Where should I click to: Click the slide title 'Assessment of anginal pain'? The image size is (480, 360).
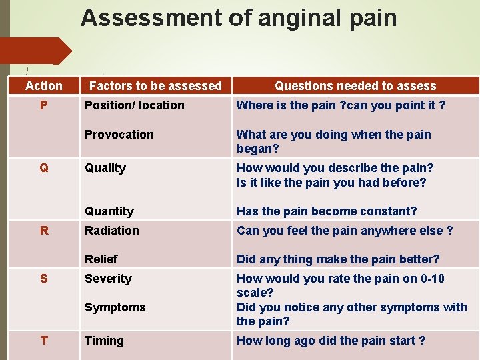[239, 18]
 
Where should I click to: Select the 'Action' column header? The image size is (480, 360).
[44, 86]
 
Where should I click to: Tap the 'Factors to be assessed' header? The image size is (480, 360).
[155, 86]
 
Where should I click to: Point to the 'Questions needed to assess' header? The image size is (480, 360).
[355, 86]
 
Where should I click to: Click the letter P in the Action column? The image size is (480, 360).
[44, 105]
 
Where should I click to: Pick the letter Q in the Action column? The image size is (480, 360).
[44, 168]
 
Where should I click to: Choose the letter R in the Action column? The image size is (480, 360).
[44, 231]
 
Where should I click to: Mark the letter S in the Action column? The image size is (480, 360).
[44, 279]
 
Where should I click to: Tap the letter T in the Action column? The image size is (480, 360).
[44, 341]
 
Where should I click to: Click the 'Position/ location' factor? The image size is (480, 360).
[135, 105]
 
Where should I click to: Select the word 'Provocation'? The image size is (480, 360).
[119, 135]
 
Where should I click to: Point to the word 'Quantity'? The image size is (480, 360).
[109, 211]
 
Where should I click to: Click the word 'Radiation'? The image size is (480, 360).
[112, 231]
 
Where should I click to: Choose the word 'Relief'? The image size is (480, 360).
[101, 259]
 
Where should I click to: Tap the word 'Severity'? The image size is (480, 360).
[108, 279]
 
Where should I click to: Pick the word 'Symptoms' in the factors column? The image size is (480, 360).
[115, 307]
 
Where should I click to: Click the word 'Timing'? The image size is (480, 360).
[104, 341]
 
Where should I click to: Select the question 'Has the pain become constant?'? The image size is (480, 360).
[327, 211]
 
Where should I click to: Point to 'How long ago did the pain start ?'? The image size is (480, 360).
[331, 341]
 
